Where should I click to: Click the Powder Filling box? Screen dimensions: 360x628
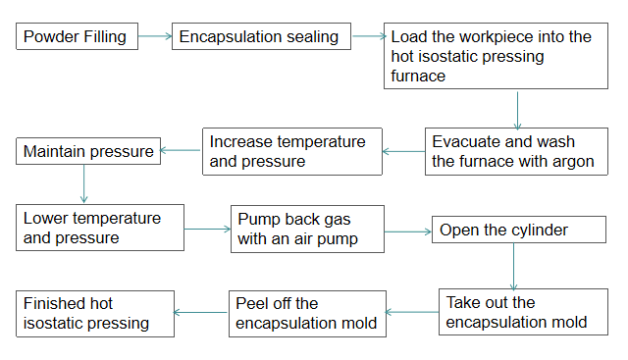coord(76,38)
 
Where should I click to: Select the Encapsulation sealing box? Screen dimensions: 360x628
coord(260,38)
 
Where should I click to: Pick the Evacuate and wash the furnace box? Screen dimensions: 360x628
coord(514,152)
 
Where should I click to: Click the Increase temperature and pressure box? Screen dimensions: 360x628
coord(292,152)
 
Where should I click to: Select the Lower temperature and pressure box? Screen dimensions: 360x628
coord(99,229)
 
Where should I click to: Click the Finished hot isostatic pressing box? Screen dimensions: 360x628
coord(94,313)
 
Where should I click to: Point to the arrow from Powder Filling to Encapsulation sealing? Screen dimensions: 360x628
coord(152,38)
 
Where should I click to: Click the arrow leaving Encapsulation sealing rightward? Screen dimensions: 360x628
coord(368,38)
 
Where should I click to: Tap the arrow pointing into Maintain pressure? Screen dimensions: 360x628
coord(181,151)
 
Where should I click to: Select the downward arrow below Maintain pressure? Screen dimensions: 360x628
coord(84,183)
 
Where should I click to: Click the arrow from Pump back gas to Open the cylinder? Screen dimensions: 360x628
coord(405,232)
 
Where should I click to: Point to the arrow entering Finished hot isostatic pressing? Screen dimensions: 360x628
coord(200,313)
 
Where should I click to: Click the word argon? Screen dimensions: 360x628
coord(573,162)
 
